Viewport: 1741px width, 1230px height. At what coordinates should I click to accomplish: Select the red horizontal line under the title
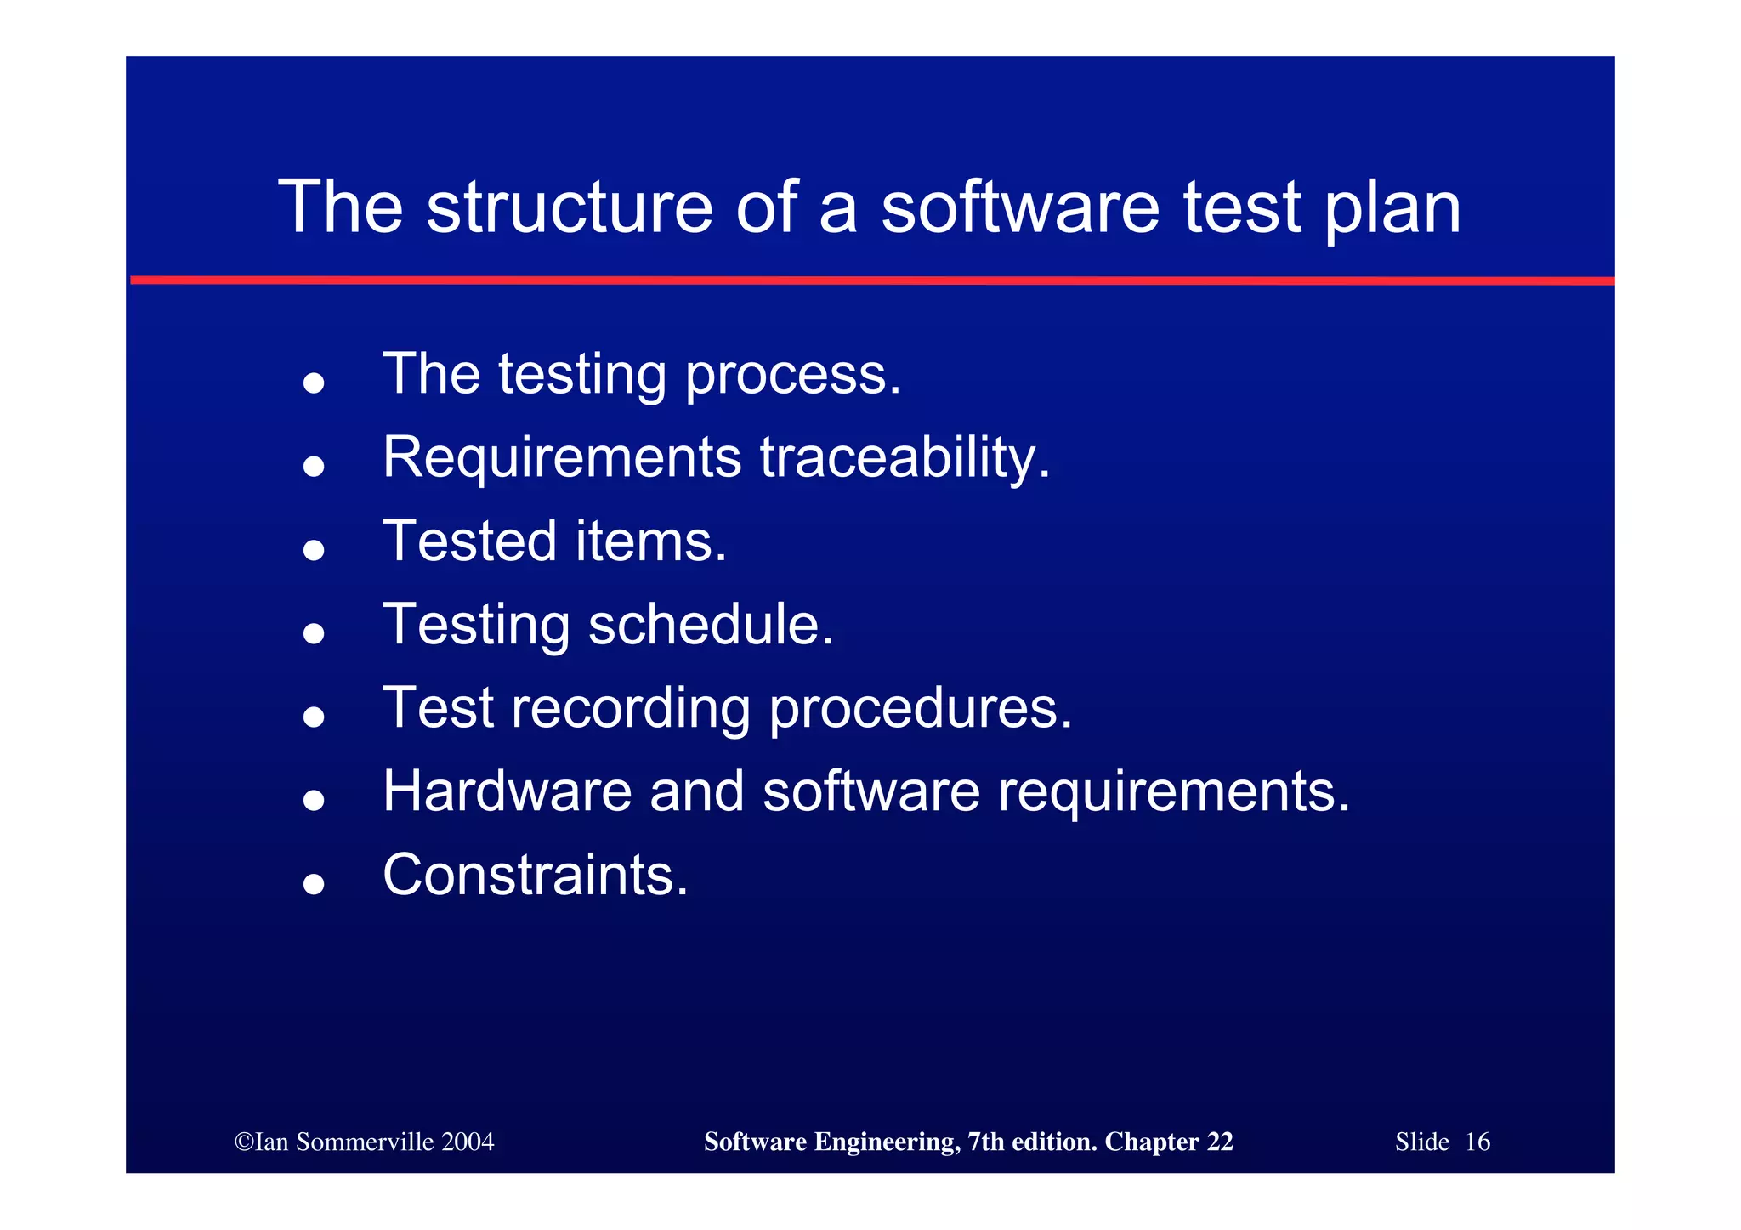pos(870,280)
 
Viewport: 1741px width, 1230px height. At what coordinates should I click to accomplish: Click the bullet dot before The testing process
pos(314,383)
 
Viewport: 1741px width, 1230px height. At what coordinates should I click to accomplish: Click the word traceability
pos(905,458)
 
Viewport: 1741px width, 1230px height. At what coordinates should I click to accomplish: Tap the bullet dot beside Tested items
pos(314,550)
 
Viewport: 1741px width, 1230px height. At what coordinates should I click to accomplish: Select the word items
pos(650,541)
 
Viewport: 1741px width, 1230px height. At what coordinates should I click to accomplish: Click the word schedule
pos(711,625)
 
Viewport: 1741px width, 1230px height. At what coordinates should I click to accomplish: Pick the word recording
pos(630,709)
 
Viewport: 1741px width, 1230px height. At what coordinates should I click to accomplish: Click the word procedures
pos(920,709)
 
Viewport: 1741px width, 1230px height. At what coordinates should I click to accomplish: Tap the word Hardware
pos(507,791)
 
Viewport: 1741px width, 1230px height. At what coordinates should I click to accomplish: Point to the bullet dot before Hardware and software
pos(314,800)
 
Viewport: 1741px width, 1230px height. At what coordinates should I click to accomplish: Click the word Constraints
pos(535,875)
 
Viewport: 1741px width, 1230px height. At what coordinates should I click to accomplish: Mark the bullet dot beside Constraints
pos(314,884)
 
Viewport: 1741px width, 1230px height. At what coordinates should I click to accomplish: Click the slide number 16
pos(1477,1142)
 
